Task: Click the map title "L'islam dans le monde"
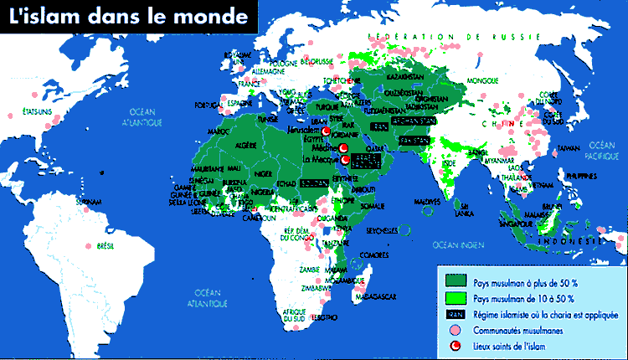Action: [125, 16]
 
